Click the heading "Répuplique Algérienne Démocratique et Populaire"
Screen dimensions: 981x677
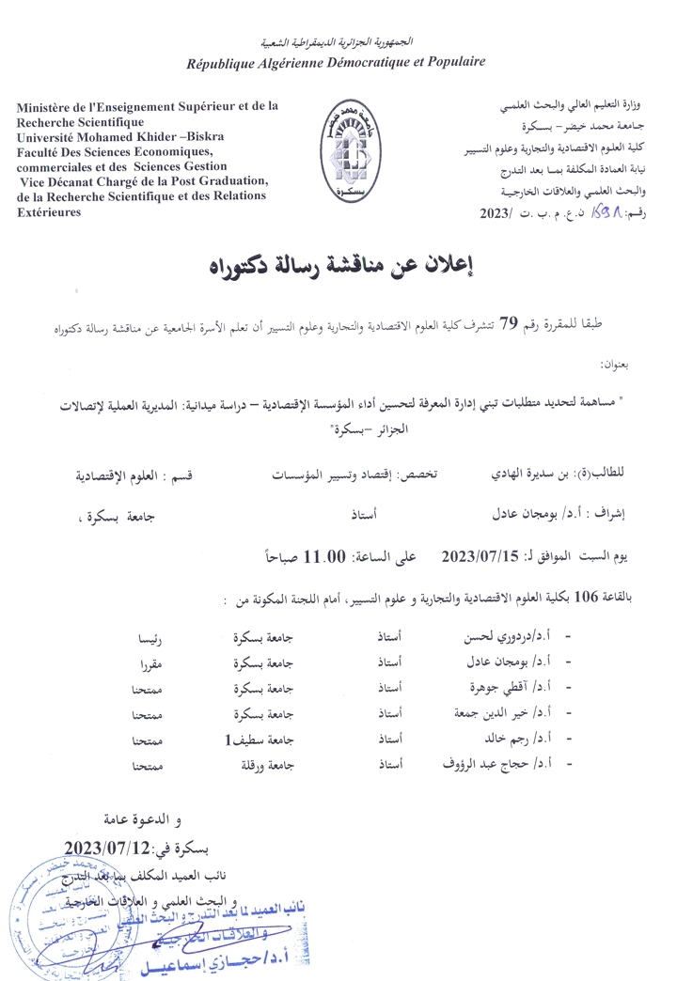tap(336, 62)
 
